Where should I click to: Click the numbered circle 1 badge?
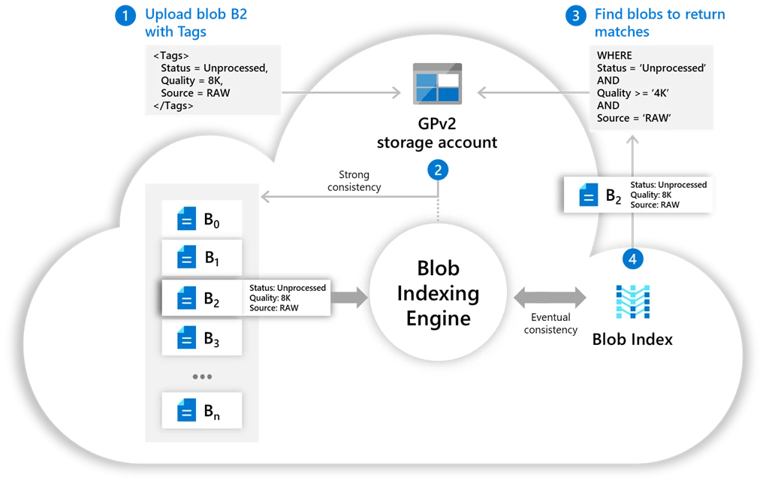(125, 15)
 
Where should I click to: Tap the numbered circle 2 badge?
(438, 170)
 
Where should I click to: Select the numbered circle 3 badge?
(576, 15)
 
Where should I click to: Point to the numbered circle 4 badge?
(632, 259)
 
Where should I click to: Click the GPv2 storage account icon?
(438, 83)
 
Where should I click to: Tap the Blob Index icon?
(632, 301)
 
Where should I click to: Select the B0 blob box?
(202, 219)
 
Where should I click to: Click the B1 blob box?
(202, 258)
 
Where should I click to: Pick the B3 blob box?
(202, 337)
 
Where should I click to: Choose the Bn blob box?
(202, 410)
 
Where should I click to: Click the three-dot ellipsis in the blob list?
(202, 377)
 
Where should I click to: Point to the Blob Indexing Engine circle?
(438, 292)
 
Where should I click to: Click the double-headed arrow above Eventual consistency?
(550, 297)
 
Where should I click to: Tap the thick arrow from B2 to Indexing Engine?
(349, 297)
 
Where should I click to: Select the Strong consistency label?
(354, 180)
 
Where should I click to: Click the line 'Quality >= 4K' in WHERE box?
(632, 92)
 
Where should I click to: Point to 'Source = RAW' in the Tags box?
(195, 92)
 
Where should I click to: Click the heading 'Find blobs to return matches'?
(659, 23)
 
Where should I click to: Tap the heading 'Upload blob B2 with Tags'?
(196, 23)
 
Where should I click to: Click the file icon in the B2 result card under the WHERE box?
(589, 195)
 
